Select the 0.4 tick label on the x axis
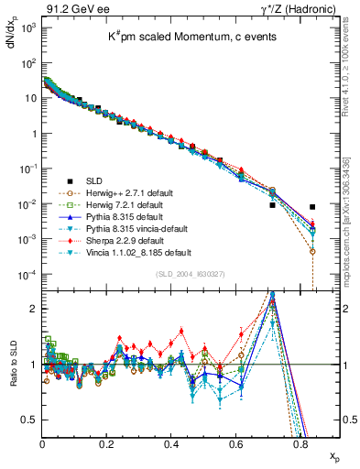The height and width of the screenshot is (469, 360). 172,444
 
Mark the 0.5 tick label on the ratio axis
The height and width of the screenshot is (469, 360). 29,420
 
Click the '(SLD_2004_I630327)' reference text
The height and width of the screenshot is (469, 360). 194,274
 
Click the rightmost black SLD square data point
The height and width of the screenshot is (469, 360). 312,207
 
